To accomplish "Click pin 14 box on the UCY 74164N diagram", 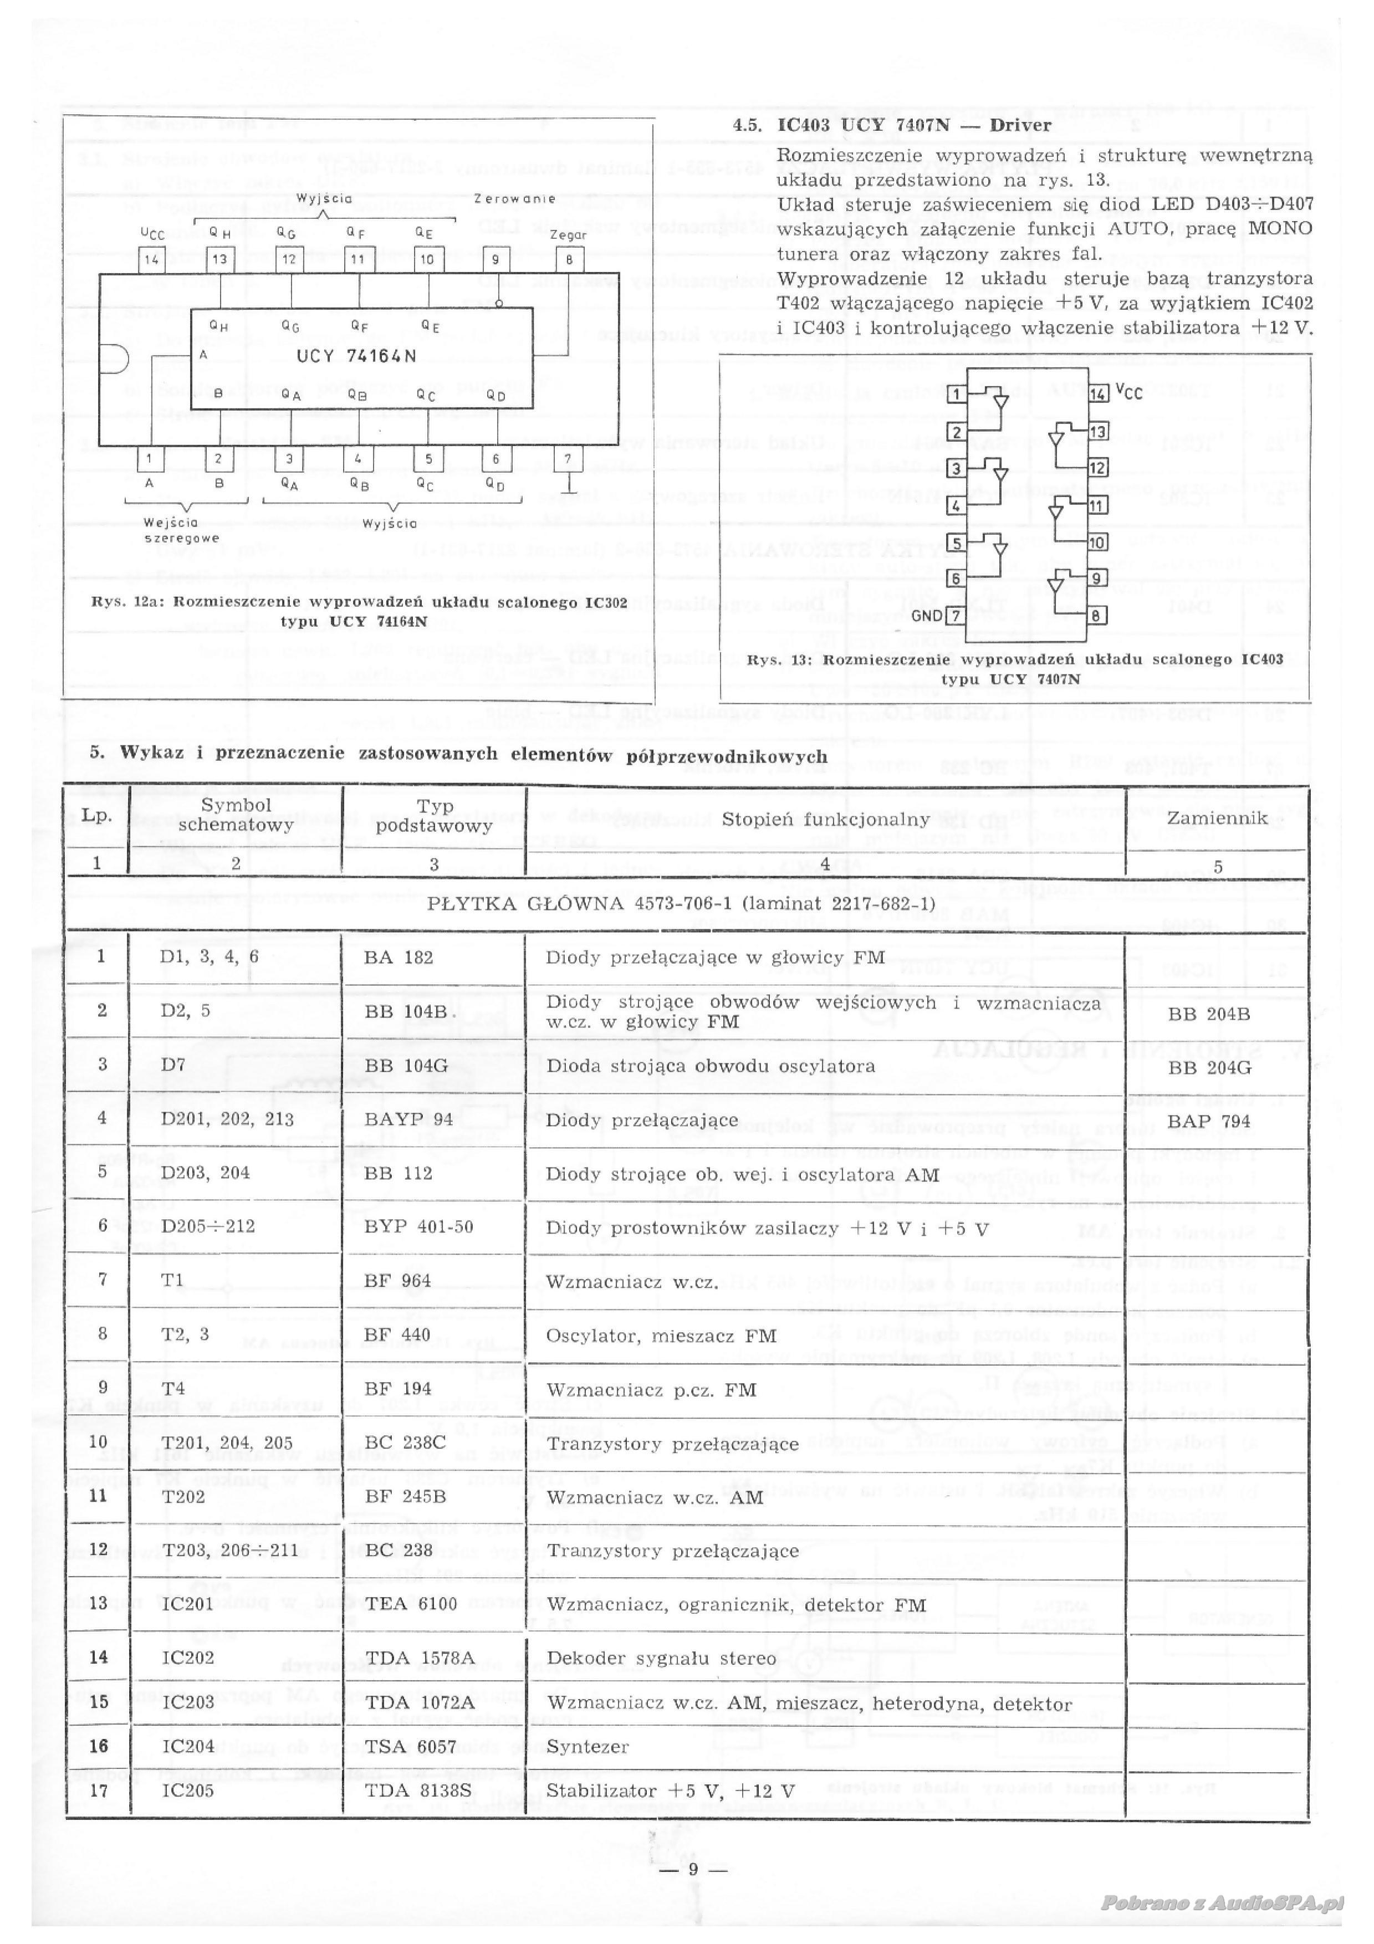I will point(151,260).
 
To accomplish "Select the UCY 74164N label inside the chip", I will point(356,356).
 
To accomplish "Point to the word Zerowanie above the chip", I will point(515,199).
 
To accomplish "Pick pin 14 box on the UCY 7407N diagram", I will point(1098,393).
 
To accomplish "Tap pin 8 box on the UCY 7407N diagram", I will point(1096,616).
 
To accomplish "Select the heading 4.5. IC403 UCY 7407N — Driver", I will point(892,125).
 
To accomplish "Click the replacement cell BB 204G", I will point(1209,1068).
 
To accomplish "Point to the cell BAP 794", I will point(1209,1121).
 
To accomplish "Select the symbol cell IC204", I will point(188,1747).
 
